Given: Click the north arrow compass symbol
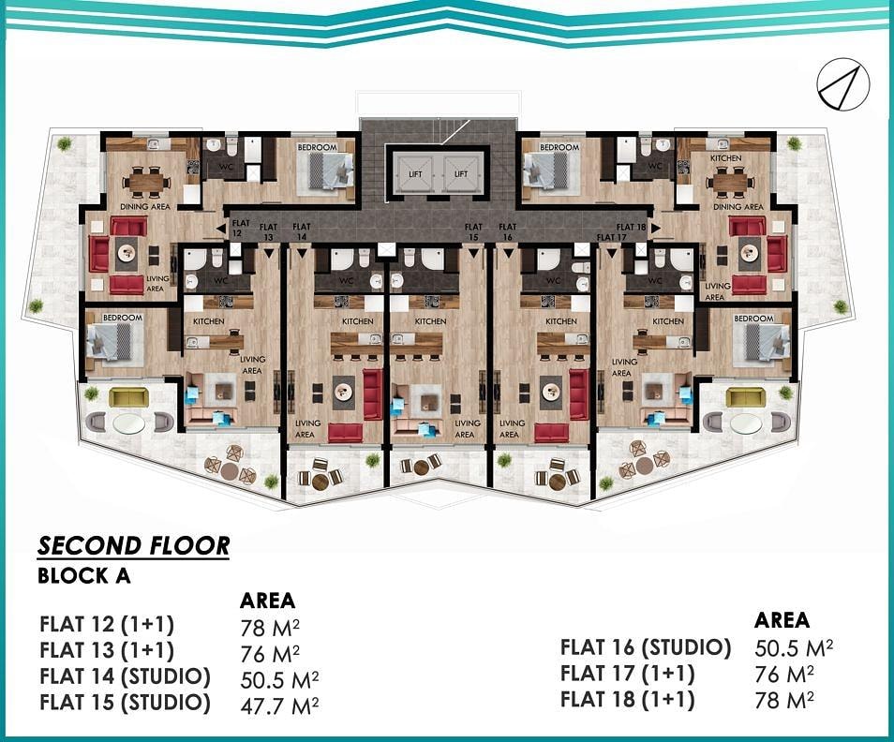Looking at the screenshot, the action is tap(843, 85).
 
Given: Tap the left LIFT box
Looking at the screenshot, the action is tap(416, 173).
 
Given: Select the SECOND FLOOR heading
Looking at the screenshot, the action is tap(133, 546).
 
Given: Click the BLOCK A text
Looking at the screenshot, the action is tap(83, 575).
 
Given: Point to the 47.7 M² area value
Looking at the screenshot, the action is tap(279, 705).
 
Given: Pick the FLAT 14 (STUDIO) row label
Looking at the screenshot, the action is tap(125, 676).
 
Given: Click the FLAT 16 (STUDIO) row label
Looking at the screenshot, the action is tap(646, 647).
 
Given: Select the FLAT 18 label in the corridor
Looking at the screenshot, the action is tap(632, 227).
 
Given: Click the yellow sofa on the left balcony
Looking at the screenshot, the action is tap(127, 397).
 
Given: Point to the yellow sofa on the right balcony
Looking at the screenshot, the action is tap(745, 397).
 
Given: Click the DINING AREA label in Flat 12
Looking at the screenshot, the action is tap(145, 206).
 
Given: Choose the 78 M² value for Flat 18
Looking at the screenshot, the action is tap(784, 700).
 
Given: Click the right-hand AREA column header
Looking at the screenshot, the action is tap(782, 619).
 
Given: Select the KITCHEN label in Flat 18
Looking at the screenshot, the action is tap(726, 157).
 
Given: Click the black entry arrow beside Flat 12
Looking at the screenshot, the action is tap(220, 229).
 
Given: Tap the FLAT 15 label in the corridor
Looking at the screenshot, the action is tap(473, 231).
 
